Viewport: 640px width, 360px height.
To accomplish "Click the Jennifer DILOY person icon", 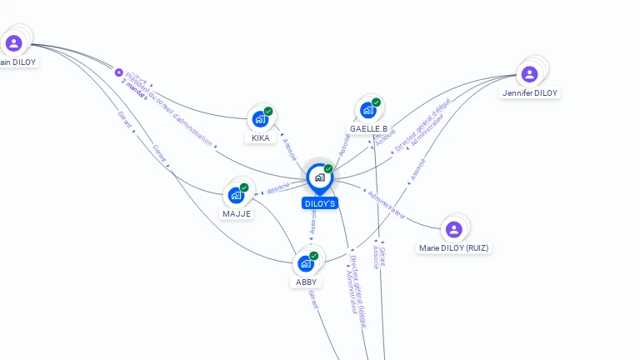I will coord(529,74).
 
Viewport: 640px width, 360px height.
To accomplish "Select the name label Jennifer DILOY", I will coord(530,93).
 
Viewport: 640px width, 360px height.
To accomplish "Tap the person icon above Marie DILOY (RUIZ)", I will coord(453,229).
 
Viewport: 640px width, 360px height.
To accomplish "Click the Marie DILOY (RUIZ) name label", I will coord(454,247).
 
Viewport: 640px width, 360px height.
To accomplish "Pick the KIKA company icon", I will coord(260,119).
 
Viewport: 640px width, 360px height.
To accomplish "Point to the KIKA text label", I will coord(261,137).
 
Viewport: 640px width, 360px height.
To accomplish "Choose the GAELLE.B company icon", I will coord(367,110).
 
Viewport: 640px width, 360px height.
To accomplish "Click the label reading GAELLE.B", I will coord(368,128).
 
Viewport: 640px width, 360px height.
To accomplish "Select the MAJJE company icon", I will coord(236,195).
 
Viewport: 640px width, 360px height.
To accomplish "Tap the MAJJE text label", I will coord(237,213).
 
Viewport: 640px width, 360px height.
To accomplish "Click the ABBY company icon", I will coord(306,263).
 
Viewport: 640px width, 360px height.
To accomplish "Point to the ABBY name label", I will coord(307,282).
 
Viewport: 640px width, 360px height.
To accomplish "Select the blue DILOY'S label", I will coord(320,203).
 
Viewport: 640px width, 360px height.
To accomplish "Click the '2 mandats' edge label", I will coord(134,89).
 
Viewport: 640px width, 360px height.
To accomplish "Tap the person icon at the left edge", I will coord(13,43).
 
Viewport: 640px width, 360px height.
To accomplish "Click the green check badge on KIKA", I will coord(268,111).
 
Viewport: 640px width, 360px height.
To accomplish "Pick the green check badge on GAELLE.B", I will coord(376,102).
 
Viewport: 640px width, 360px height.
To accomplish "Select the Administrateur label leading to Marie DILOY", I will coord(385,205).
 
